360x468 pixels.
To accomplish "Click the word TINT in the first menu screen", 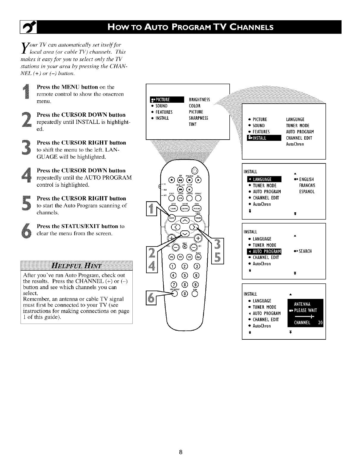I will (193, 124).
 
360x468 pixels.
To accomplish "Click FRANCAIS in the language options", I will (307, 185).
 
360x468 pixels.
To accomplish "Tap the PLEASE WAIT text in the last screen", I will (305, 311).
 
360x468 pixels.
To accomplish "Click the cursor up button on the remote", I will (184, 221).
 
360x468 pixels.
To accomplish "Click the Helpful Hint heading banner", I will (76, 266).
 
